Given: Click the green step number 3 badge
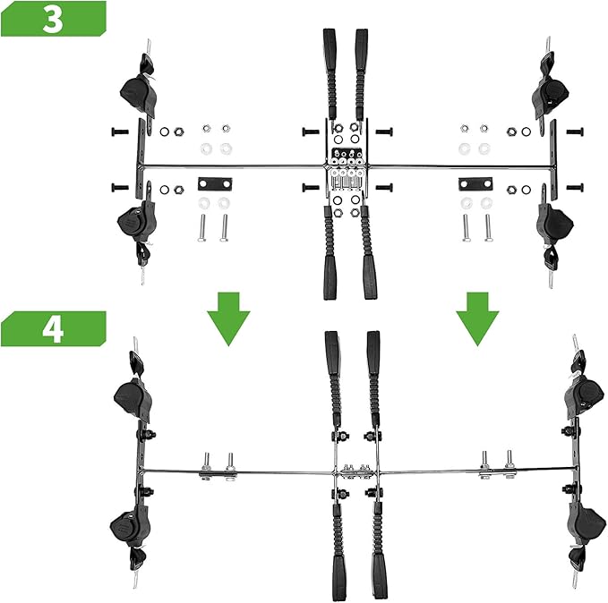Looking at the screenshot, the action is tap(53, 19).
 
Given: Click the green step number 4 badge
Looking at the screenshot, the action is tap(53, 328).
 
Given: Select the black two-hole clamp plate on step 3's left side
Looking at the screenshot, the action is tap(215, 183).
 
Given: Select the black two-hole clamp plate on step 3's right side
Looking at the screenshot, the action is tap(475, 183).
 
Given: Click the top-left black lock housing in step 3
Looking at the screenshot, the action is tap(137, 94).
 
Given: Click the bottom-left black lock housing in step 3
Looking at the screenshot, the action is tap(137, 223).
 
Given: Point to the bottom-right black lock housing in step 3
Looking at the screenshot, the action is tap(554, 224).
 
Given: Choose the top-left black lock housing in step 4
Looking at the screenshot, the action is tap(133, 400).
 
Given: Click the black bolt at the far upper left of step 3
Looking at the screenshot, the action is tap(119, 132).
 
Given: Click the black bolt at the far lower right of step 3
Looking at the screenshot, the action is tap(575, 188).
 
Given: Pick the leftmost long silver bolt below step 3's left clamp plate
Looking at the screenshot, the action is tap(202, 228).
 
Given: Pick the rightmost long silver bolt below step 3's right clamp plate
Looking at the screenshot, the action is tap(488, 228).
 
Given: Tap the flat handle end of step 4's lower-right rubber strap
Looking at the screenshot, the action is tap(380, 576).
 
